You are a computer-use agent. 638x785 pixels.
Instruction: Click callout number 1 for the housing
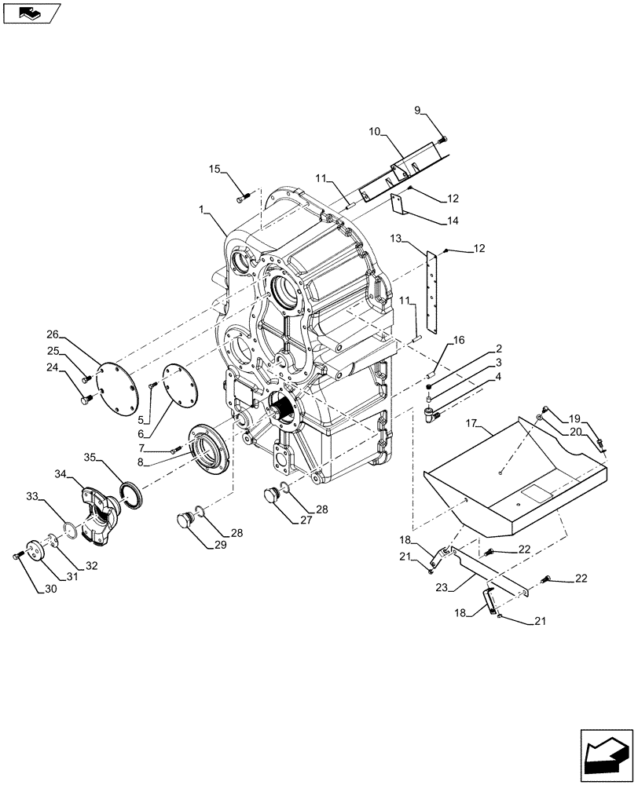point(203,210)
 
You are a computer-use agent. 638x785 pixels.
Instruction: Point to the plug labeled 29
point(185,520)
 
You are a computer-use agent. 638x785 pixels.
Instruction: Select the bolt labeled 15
point(242,199)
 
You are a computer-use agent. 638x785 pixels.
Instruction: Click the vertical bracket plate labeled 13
point(430,290)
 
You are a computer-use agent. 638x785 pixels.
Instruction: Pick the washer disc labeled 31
point(37,549)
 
